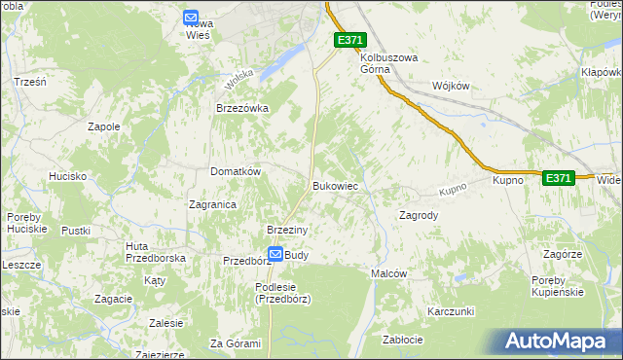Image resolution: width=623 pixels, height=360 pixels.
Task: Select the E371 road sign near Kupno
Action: (x=558, y=178)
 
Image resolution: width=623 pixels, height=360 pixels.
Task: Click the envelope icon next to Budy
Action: (x=275, y=254)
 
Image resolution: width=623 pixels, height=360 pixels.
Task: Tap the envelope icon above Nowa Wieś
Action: (x=191, y=17)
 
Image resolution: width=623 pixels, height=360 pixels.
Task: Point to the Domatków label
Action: (x=236, y=171)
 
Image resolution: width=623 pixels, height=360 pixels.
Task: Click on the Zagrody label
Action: (x=420, y=215)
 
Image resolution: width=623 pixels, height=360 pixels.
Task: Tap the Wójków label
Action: (x=450, y=86)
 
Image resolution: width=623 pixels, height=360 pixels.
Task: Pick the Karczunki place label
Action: (x=450, y=311)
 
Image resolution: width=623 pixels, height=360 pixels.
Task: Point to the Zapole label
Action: (x=104, y=126)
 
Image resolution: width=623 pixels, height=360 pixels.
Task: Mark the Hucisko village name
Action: (x=68, y=176)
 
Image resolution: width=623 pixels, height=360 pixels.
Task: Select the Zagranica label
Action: (x=212, y=204)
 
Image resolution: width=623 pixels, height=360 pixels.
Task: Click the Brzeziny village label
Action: (x=287, y=230)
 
